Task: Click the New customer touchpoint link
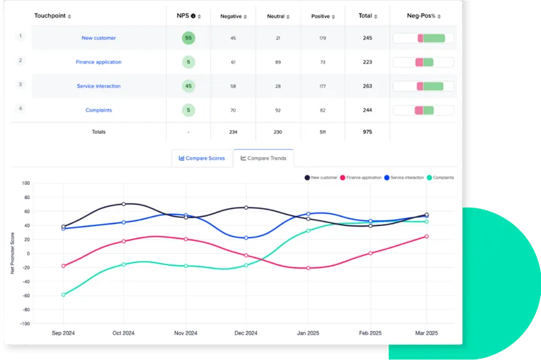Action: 98,38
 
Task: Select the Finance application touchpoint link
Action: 99,62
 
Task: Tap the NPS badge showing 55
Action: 188,38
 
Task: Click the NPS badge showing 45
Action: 188,86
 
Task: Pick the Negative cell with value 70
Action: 233,110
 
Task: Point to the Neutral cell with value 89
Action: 277,62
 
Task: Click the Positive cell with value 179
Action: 323,38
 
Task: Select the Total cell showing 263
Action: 367,86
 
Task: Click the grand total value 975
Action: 367,132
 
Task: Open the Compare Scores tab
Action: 202,158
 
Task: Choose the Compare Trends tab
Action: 263,158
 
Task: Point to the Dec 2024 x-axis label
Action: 246,334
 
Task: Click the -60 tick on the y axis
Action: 26,296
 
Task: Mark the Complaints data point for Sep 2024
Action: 64,294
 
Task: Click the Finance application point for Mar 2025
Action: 426,236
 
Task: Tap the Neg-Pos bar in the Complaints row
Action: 423,110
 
